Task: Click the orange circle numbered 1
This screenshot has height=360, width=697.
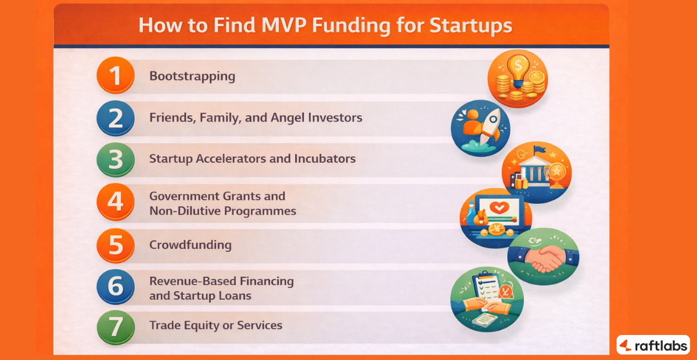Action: [116, 76]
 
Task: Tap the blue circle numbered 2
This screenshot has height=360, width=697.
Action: [116, 118]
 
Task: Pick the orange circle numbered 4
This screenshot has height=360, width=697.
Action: [116, 202]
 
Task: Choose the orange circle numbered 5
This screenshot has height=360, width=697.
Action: [116, 244]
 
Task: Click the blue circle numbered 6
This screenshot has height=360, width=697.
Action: [116, 287]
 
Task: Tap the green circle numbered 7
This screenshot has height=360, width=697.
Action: [116, 326]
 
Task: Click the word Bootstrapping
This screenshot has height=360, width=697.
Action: [192, 76]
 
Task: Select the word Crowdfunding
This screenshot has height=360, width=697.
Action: [190, 245]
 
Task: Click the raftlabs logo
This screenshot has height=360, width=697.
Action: [653, 344]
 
